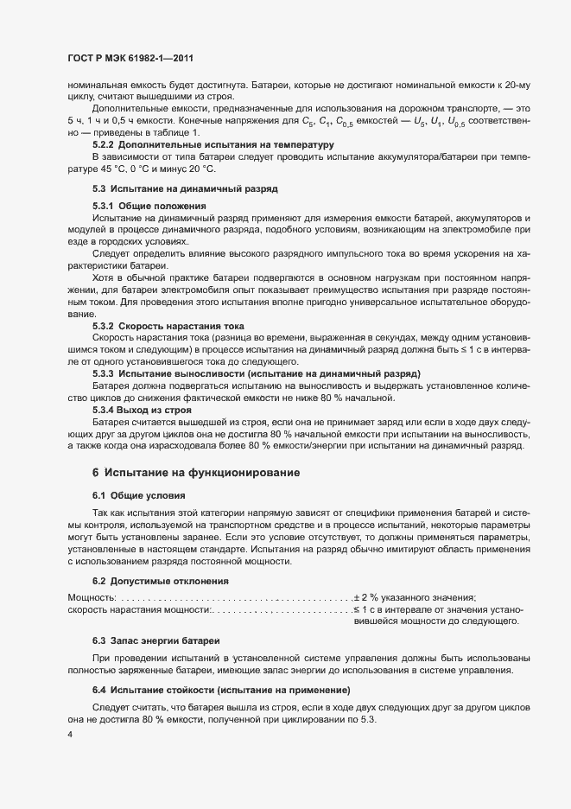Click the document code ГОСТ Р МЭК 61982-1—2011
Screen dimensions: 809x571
130,58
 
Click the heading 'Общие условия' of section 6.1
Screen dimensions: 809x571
147,497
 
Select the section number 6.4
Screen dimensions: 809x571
99,690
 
